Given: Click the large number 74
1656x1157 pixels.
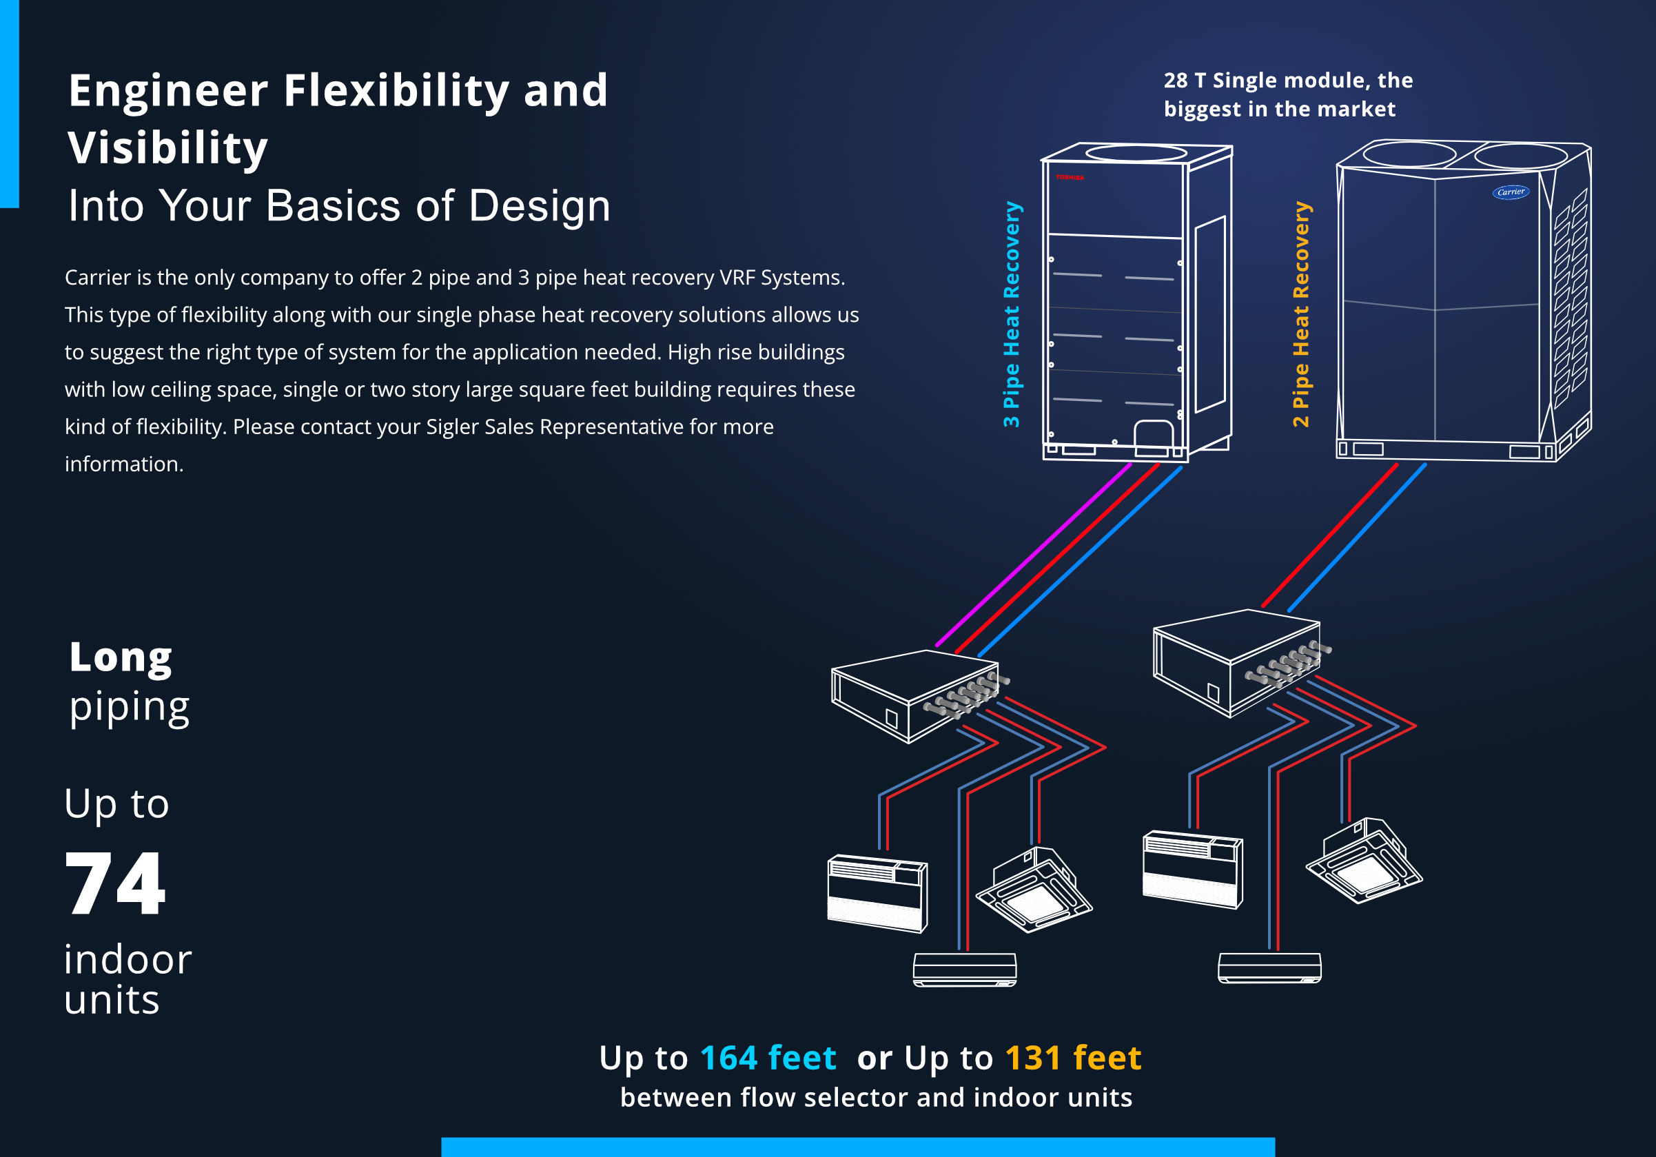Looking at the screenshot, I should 115,883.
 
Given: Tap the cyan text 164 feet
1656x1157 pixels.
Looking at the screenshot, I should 768,1058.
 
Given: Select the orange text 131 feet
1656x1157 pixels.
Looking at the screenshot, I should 1072,1058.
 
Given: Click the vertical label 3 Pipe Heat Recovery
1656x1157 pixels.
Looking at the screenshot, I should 1011,314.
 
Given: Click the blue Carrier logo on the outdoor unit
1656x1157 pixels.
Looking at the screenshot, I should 1510,192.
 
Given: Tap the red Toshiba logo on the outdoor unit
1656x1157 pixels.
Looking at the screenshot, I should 1070,176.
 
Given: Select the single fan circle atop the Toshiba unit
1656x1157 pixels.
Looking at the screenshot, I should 1136,153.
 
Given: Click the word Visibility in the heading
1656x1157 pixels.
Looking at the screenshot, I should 167,148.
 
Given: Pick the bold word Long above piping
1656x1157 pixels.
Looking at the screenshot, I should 121,657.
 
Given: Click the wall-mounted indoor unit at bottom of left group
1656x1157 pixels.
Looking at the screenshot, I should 964,969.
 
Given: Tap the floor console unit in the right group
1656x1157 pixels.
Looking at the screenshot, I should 1192,868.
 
